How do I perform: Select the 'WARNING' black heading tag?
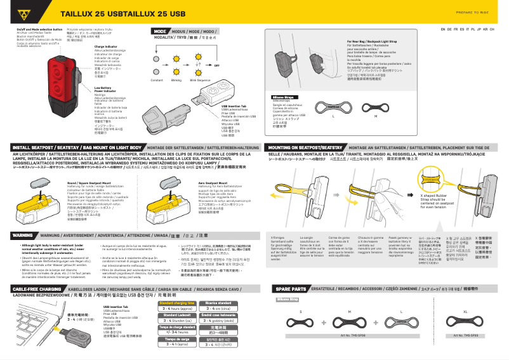(x=23, y=234)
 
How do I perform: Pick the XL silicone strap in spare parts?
(x=465, y=322)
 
